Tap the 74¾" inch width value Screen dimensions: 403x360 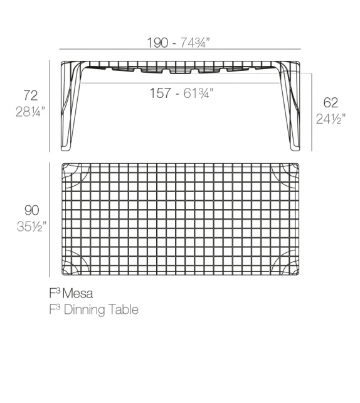coord(195,43)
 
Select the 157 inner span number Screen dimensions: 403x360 coord(161,93)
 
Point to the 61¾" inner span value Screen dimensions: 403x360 coord(195,93)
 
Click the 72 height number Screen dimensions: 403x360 coord(30,95)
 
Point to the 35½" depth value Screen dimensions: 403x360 coord(31,226)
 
